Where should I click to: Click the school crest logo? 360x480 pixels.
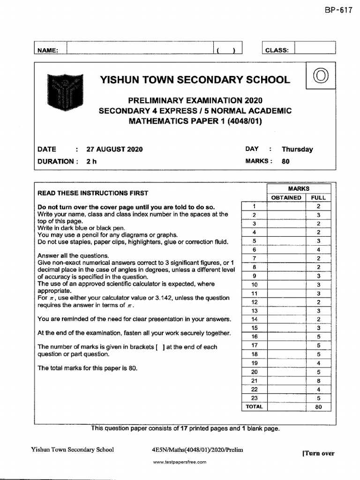click(x=65, y=90)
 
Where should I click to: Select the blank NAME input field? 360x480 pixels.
click(x=141, y=49)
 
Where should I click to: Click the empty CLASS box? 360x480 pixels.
click(x=315, y=49)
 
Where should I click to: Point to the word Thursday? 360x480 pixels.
click(x=297, y=150)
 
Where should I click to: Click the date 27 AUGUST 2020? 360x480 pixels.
click(x=114, y=150)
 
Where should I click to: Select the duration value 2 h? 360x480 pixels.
click(x=91, y=161)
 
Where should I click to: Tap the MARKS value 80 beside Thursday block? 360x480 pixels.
click(x=285, y=161)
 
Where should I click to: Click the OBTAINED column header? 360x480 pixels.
click(x=286, y=197)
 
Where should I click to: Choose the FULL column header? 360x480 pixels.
click(x=318, y=197)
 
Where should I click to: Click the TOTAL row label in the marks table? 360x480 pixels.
click(x=254, y=407)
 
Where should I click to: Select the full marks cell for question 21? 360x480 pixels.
click(x=318, y=381)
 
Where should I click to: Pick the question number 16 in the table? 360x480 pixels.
click(x=254, y=337)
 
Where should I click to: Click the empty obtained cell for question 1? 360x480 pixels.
click(x=286, y=206)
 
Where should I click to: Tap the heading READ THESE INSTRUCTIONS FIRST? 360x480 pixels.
click(x=93, y=193)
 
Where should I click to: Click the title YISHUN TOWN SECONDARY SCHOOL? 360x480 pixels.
click(x=195, y=80)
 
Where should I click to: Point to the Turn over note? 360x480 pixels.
click(x=319, y=453)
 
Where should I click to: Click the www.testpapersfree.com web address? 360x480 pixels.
click(x=180, y=462)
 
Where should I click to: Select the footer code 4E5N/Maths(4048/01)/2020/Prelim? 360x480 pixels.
click(x=195, y=450)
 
